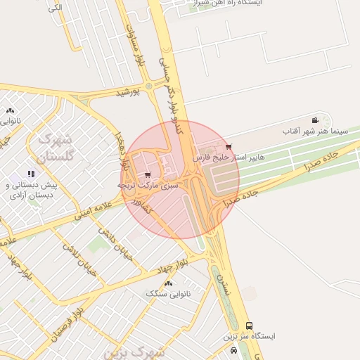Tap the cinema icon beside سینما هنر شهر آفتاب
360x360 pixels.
coord(314,120)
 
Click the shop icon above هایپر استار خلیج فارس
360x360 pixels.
coord(229,146)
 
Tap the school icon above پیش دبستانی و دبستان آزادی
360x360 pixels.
coord(30,174)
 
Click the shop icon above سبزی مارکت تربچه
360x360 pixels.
coord(147,174)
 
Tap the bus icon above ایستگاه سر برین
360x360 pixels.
coord(250,326)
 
